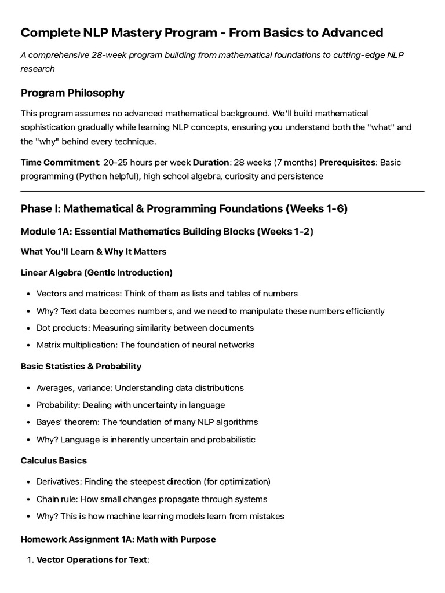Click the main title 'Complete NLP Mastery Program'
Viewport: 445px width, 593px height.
(x=202, y=32)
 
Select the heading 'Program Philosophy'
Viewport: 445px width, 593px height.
(x=72, y=93)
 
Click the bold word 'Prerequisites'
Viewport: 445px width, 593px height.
(x=347, y=162)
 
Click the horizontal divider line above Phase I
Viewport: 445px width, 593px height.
(x=222, y=191)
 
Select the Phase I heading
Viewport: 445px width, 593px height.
(x=184, y=208)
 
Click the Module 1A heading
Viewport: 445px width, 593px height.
(x=167, y=232)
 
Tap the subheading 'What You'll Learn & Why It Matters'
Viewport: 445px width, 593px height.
(x=93, y=251)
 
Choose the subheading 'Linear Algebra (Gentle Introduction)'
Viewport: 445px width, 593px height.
(x=96, y=272)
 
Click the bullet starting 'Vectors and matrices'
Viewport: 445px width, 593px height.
(x=167, y=294)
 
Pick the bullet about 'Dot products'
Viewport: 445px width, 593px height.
(x=145, y=328)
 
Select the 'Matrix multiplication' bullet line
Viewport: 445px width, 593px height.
(x=145, y=345)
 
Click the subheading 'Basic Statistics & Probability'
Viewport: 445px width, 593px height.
(x=81, y=366)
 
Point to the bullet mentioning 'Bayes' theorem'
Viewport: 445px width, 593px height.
(x=147, y=422)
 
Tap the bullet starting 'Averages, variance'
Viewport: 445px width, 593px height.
(x=140, y=387)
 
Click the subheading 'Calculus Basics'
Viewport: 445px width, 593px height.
(x=54, y=460)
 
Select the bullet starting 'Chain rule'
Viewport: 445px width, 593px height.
(x=152, y=499)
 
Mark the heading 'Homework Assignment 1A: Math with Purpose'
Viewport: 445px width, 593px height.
(x=118, y=539)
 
